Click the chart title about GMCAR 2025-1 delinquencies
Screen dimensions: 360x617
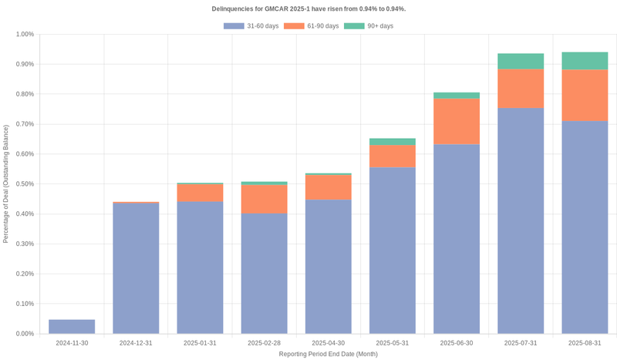(308, 8)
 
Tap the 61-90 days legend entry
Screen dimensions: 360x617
(312, 26)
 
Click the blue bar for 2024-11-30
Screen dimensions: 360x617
(72, 326)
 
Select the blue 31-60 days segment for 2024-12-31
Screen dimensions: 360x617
(136, 268)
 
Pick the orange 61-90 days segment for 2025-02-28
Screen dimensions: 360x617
(264, 199)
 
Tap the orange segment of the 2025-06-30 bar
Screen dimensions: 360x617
(456, 121)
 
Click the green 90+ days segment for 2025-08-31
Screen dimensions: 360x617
(584, 61)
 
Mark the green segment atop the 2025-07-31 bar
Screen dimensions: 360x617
(520, 62)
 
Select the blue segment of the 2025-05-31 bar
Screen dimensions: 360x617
(392, 251)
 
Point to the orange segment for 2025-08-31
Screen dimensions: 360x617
(584, 96)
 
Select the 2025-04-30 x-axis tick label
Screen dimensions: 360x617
(328, 343)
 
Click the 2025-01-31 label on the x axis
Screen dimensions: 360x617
(200, 343)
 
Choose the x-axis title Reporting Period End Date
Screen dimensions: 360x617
(328, 354)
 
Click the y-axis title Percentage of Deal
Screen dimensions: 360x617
(6, 184)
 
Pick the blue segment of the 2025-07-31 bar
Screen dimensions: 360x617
(520, 220)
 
